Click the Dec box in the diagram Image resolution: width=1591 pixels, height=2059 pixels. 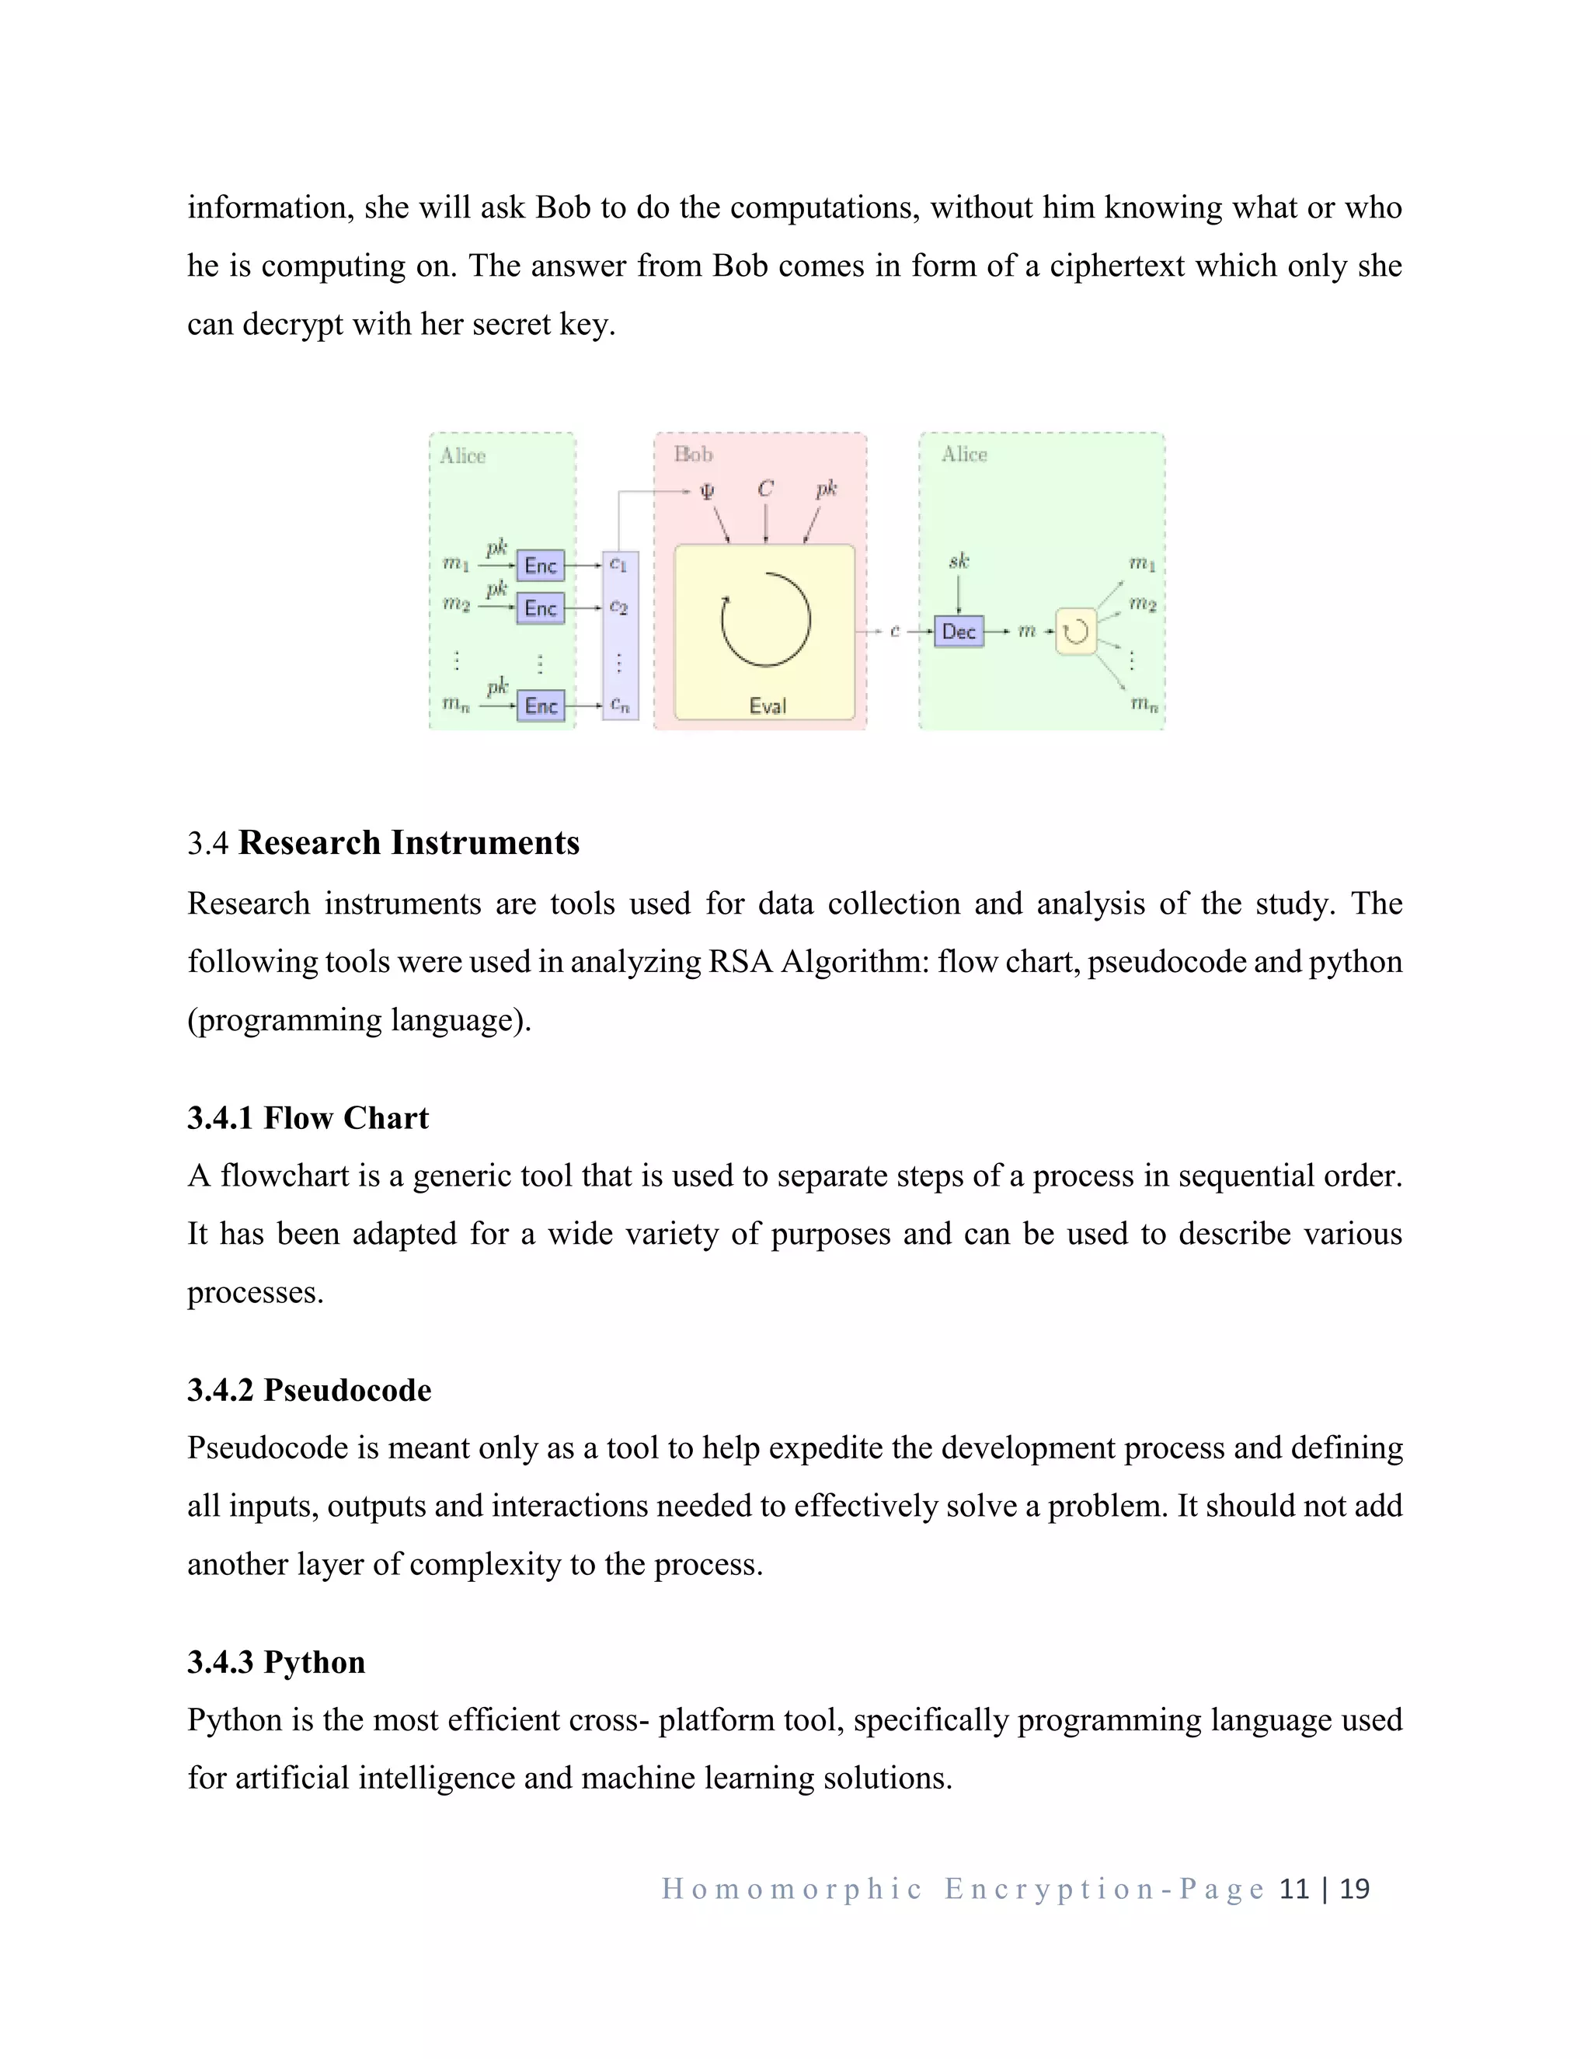click(x=958, y=631)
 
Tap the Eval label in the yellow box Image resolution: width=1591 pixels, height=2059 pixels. click(x=768, y=706)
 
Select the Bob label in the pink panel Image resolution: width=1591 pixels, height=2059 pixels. click(x=693, y=455)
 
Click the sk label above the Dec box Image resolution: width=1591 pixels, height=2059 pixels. click(x=959, y=562)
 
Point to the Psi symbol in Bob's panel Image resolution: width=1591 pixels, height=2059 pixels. click(x=706, y=490)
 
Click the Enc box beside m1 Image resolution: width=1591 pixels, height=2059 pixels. click(x=540, y=566)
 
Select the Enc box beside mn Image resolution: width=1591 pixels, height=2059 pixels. click(x=540, y=706)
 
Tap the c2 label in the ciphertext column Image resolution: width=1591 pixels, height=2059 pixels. click(x=618, y=607)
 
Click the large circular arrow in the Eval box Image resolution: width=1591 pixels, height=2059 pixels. click(x=765, y=619)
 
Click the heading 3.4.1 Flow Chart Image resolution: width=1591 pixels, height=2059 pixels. click(x=308, y=1118)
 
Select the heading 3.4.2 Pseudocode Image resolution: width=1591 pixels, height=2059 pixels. click(x=309, y=1390)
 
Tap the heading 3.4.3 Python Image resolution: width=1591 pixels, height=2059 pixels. click(x=276, y=1661)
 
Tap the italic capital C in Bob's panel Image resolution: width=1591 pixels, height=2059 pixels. click(x=765, y=489)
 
